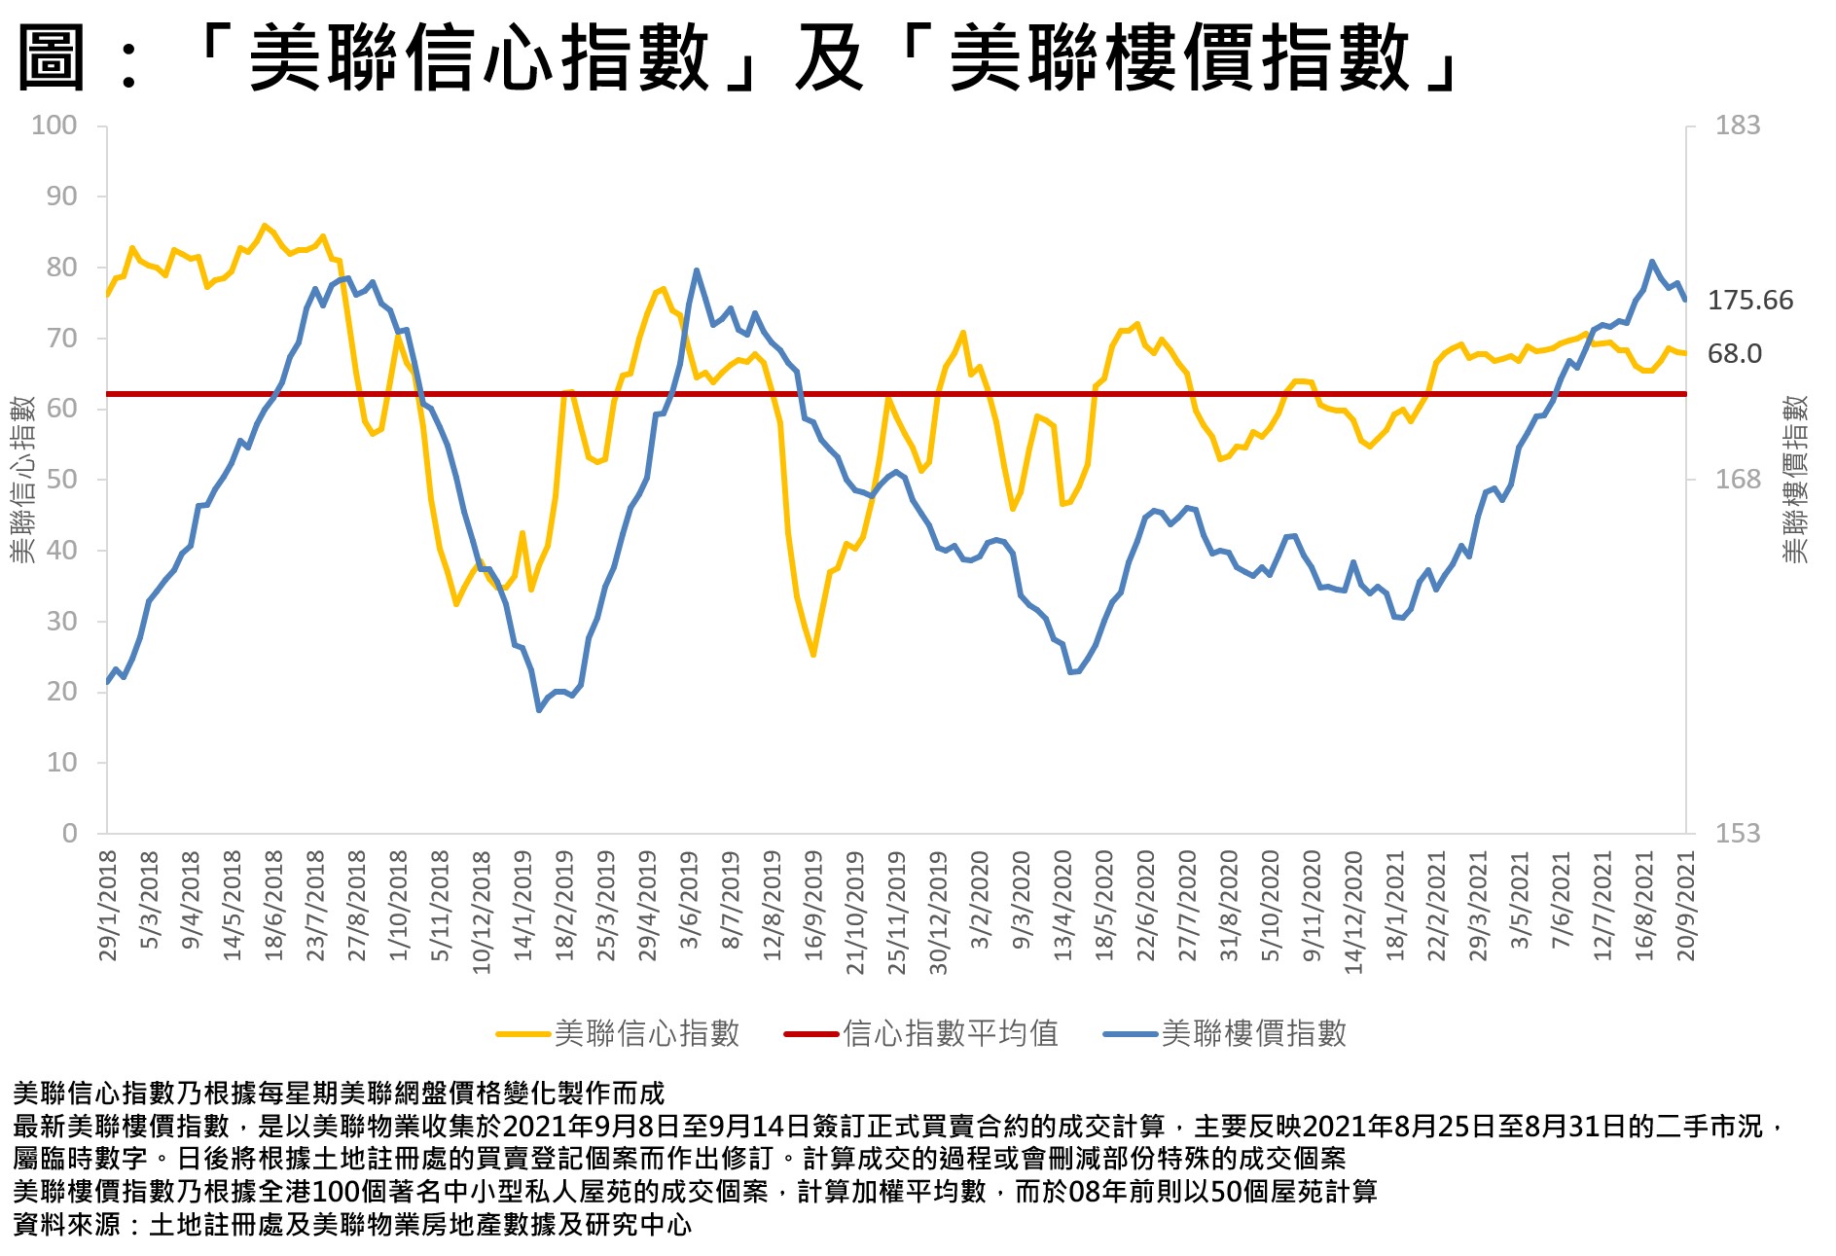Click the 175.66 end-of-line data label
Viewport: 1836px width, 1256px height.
1749,300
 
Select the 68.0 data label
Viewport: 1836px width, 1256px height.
1734,353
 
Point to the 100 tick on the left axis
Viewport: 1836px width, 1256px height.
54,126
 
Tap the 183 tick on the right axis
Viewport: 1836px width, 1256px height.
1737,126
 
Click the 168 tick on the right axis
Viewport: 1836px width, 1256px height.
1737,480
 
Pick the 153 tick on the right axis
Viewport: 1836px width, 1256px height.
1737,834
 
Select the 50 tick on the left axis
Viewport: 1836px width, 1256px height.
61,480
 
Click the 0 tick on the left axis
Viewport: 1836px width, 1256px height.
69,834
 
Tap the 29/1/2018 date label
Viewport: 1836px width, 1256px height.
108,906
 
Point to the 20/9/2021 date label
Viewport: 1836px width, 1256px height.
1686,906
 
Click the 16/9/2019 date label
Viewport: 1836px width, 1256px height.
813,906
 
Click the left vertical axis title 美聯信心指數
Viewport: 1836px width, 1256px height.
22,479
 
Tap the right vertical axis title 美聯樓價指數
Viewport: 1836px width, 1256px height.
1795,479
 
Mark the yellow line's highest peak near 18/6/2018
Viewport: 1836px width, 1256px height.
264,226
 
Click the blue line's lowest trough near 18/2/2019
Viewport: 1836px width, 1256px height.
539,710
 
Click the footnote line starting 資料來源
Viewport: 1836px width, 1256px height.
352,1224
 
